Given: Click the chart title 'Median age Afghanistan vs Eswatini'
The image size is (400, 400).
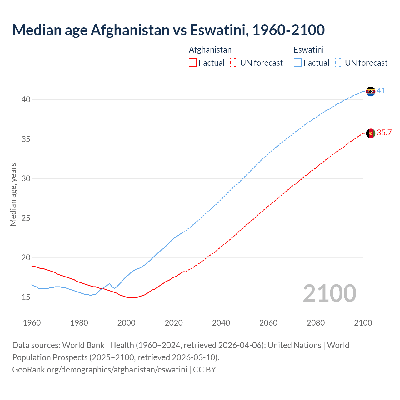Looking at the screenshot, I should [x=168, y=30].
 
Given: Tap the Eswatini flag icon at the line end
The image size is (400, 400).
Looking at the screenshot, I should [x=371, y=91].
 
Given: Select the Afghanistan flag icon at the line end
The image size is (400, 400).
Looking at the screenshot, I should [x=371, y=133].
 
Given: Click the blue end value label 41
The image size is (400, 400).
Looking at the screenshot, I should [x=381, y=91].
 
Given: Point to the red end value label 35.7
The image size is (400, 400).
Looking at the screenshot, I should [x=384, y=133].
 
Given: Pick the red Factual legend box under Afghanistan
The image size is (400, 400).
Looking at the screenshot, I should [x=193, y=63].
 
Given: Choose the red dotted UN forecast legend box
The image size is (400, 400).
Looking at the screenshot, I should [x=234, y=63].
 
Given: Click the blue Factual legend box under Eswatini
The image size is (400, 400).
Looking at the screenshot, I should [x=298, y=63].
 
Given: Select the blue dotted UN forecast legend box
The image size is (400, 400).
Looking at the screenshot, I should [x=339, y=63].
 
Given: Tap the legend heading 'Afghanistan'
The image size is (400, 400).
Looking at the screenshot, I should [x=210, y=50].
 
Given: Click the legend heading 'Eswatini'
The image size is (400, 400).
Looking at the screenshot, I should [x=308, y=50].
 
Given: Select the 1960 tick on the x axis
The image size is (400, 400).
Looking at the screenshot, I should [x=32, y=323].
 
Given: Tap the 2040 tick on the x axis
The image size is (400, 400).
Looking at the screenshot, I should [x=221, y=323].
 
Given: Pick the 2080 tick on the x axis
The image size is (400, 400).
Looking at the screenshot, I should [x=316, y=323].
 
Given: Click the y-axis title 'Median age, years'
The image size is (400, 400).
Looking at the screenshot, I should [x=13, y=194].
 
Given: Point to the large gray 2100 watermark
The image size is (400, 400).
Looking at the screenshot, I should [x=329, y=293].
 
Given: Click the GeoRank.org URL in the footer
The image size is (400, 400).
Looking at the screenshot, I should [x=100, y=370].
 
